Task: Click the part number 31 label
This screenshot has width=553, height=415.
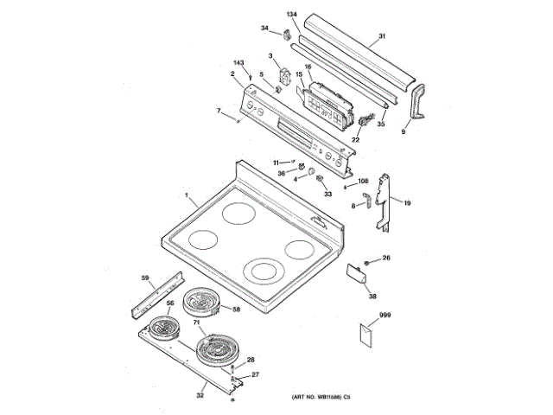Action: [x=381, y=38]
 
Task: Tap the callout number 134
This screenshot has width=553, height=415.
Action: [x=292, y=16]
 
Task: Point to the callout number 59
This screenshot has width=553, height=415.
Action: [x=145, y=278]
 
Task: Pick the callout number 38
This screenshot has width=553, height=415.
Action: [x=372, y=297]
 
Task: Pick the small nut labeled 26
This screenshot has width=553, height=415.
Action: [x=368, y=260]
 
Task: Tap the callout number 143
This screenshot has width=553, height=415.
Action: [x=238, y=64]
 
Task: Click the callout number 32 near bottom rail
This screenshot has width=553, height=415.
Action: [x=200, y=395]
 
